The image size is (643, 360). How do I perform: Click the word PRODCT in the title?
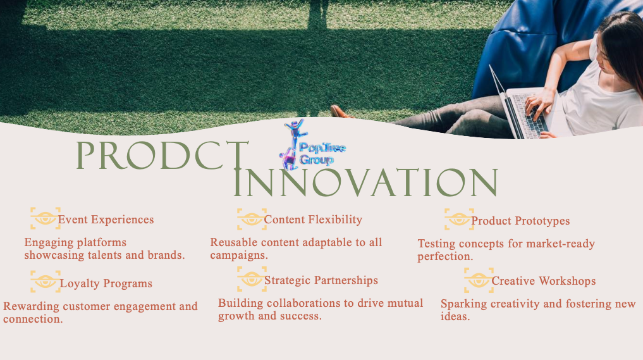(x=162, y=156)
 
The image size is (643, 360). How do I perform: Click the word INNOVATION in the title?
(x=365, y=182)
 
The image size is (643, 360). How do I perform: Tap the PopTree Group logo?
(x=312, y=145)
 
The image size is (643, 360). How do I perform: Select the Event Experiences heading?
(x=106, y=220)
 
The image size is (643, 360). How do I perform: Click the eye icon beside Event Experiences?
(x=45, y=218)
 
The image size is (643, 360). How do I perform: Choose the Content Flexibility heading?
(x=313, y=220)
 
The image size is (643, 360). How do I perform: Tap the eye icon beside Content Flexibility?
(x=252, y=219)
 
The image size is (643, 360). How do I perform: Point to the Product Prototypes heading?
(x=520, y=221)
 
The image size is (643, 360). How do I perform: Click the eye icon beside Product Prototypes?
(x=459, y=219)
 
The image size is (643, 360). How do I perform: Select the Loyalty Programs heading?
(x=106, y=283)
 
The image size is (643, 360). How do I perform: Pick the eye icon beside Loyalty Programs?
(x=46, y=282)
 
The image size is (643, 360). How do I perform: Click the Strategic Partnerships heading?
(x=321, y=280)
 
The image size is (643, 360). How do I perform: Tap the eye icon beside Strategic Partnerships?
(x=252, y=279)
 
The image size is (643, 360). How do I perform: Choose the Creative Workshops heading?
(x=544, y=281)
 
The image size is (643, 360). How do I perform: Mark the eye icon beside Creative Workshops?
(x=479, y=280)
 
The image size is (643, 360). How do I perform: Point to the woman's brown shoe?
(x=341, y=111)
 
